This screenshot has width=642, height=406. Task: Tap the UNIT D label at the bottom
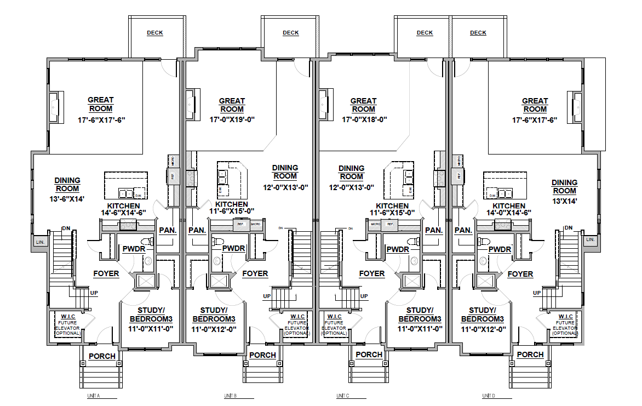[489, 396]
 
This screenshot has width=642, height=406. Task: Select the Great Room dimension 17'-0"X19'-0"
[232, 119]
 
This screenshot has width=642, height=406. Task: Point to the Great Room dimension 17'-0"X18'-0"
[364, 119]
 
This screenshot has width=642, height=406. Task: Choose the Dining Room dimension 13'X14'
[564, 201]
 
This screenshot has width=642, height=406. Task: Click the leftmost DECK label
[155, 33]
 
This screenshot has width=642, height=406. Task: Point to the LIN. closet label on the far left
[40, 242]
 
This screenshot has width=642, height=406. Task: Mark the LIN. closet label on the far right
[590, 240]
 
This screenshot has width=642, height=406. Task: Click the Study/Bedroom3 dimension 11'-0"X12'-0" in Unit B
[214, 329]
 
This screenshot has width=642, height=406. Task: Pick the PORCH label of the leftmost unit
[102, 356]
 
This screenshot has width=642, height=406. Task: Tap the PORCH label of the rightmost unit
[530, 354]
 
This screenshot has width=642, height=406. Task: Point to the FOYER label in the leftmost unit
[106, 273]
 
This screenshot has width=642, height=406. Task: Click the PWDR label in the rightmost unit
[500, 249]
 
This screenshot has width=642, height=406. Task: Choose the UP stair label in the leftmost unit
[94, 293]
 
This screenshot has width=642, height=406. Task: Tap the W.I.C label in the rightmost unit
[565, 317]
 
